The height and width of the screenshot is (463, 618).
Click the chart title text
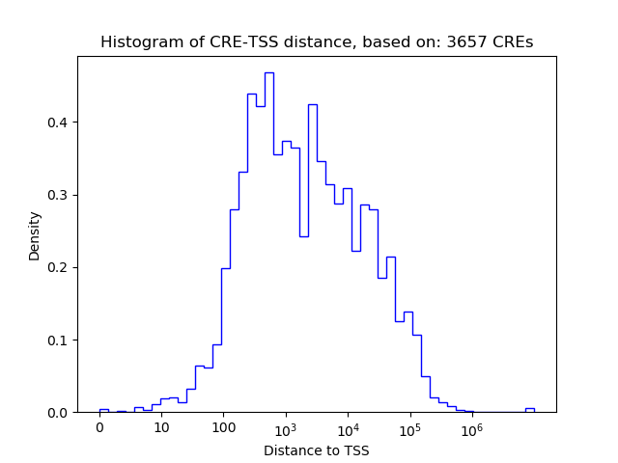[x=317, y=42]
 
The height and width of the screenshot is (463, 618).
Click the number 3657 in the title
[x=472, y=42]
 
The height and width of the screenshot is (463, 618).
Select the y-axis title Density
[x=35, y=235]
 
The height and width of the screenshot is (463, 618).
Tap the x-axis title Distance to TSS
[x=317, y=450]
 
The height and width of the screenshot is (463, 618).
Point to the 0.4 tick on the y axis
[x=60, y=123]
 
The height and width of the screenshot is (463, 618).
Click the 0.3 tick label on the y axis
[x=60, y=195]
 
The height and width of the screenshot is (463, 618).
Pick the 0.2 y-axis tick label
[x=60, y=267]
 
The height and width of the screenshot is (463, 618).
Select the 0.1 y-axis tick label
[x=60, y=340]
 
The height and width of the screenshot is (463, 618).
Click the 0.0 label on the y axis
[x=60, y=412]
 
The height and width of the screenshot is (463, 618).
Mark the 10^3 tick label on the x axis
[x=286, y=427]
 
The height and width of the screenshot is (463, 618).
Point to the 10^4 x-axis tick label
[x=348, y=427]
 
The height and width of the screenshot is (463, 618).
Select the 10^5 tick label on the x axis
[x=409, y=427]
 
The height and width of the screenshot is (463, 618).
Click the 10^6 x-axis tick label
[x=471, y=427]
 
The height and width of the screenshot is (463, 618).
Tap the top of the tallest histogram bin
[x=268, y=73]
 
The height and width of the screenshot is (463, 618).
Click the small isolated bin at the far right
[x=529, y=410]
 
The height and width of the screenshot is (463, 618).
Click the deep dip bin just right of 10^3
[x=303, y=235]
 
